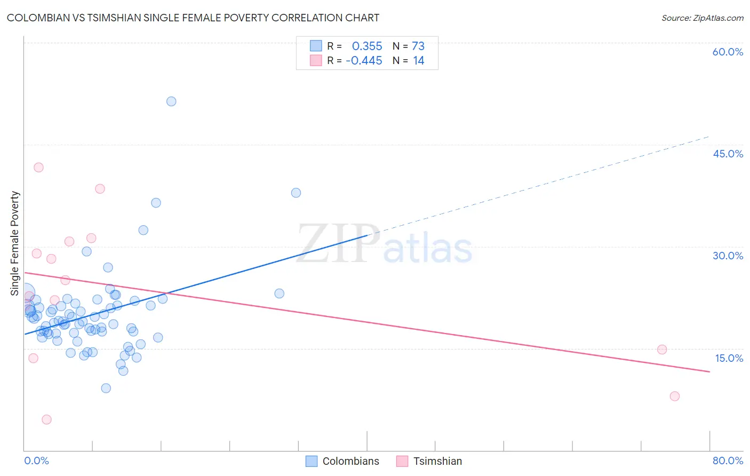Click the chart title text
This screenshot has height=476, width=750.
(x=193, y=18)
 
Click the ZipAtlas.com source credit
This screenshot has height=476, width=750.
(x=702, y=18)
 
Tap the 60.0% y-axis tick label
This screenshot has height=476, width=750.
(x=728, y=52)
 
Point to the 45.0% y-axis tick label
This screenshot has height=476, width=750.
(x=728, y=154)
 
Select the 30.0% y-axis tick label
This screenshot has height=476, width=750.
(x=728, y=256)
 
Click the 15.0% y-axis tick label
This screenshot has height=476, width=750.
(x=729, y=358)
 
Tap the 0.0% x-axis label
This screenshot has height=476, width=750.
(x=36, y=461)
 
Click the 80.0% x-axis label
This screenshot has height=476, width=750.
(x=728, y=461)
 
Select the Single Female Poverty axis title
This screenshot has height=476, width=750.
(x=15, y=243)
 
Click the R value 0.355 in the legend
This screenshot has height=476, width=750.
(x=367, y=46)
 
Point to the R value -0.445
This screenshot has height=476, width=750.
(x=364, y=61)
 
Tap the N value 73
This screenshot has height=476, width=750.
(x=418, y=46)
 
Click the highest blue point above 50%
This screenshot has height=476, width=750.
(x=171, y=101)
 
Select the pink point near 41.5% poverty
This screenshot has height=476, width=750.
(x=38, y=168)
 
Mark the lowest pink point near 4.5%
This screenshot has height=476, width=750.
(x=46, y=419)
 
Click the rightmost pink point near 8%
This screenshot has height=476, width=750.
(x=675, y=396)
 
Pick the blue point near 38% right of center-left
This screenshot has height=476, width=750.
(x=296, y=193)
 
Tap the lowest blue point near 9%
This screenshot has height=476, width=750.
(x=106, y=388)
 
